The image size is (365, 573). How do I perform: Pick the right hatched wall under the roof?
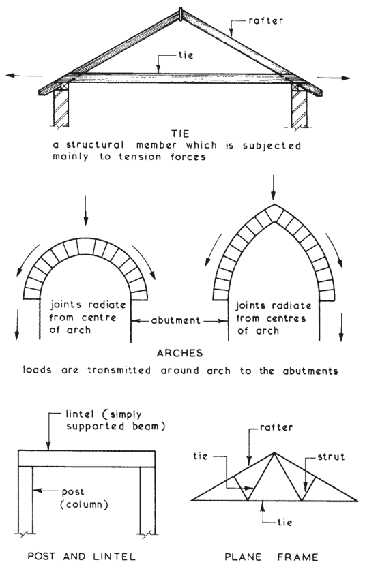tap(298, 108)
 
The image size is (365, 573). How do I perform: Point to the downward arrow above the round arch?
tap(86, 210)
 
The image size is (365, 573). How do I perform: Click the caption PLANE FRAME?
tap(271, 557)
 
